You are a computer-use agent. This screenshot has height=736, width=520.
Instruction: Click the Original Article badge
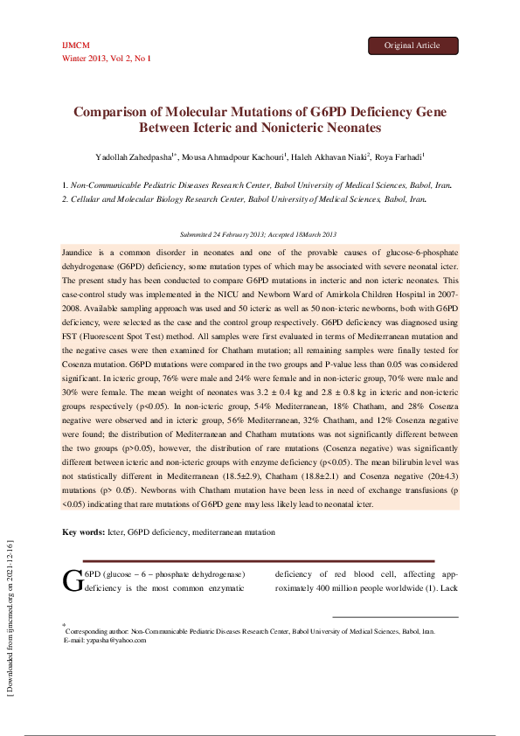click(413, 45)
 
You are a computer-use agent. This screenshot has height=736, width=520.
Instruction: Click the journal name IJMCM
click(76, 45)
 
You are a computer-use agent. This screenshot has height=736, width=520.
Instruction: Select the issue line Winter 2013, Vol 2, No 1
click(107, 58)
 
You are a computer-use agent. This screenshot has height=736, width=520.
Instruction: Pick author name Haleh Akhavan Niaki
click(333, 157)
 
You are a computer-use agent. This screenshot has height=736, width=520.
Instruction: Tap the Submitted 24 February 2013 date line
click(258, 234)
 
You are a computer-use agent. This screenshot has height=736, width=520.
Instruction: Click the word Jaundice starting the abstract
click(79, 252)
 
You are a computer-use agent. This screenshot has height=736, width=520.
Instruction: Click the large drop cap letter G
click(73, 582)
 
